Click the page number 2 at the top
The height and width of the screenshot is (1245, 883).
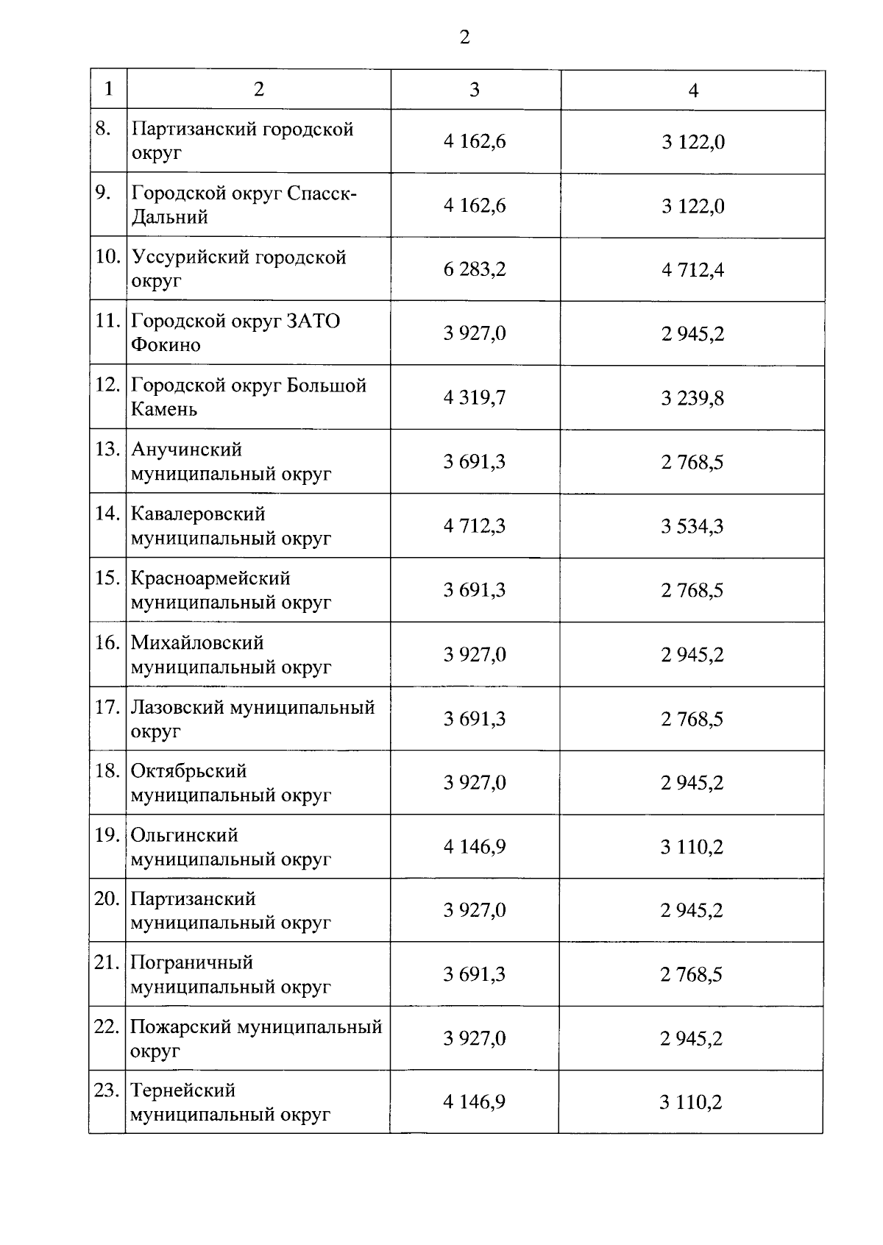(x=464, y=38)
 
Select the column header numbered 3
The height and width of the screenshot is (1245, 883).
(x=475, y=90)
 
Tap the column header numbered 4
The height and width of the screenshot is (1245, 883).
(x=693, y=91)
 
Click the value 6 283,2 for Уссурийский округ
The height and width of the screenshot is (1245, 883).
(x=475, y=269)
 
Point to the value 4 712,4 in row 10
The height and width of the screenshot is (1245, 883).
(x=692, y=270)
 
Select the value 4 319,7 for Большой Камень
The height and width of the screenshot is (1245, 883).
(x=475, y=397)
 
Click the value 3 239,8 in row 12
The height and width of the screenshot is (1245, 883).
(x=692, y=398)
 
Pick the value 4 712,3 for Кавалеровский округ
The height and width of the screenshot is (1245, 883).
(x=475, y=526)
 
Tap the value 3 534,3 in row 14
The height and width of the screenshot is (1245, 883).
(x=692, y=526)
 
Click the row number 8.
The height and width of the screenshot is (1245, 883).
(x=103, y=129)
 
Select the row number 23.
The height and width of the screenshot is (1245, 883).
(x=107, y=1090)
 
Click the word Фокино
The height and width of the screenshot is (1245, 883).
(x=166, y=345)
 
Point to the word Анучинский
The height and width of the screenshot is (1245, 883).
(x=186, y=450)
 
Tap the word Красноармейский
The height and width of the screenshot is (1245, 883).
(x=210, y=578)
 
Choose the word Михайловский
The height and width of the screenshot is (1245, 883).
(x=197, y=642)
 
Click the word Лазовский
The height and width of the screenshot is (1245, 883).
(x=177, y=707)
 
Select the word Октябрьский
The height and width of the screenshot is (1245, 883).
(x=189, y=771)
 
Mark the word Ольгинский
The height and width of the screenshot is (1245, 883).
(x=185, y=835)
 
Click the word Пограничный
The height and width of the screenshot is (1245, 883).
(x=191, y=962)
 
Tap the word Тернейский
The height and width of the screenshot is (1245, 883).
(x=183, y=1090)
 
